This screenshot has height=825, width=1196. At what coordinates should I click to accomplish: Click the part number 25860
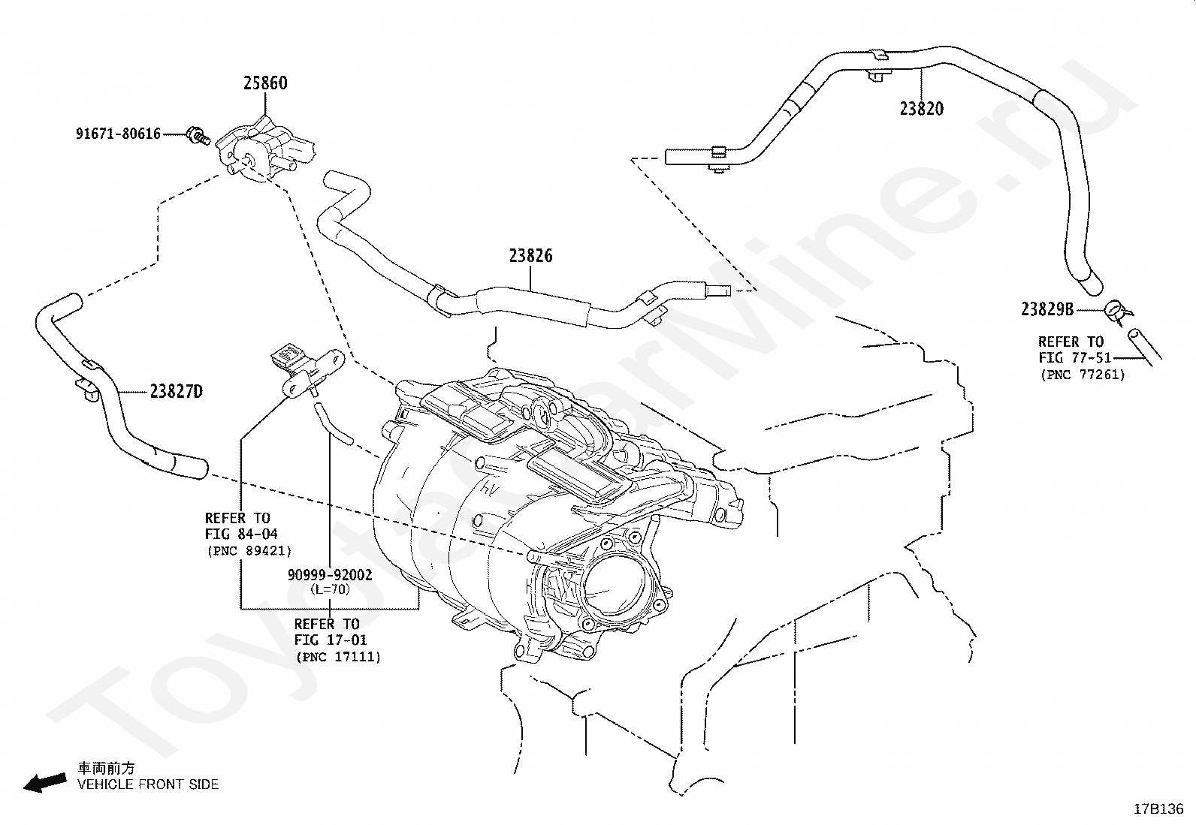pos(265,83)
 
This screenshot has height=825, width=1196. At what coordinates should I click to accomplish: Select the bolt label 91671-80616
pos(118,134)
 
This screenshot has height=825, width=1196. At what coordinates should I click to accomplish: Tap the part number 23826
pos(530,256)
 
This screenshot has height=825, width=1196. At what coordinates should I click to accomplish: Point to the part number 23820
pos(922,109)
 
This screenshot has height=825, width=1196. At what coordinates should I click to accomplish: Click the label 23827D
pos(177,392)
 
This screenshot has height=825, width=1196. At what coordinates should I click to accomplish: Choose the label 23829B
pos(1047,309)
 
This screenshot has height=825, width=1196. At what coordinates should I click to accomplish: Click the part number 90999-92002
pos(330,575)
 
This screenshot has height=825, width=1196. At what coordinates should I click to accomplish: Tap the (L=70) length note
pos(330,589)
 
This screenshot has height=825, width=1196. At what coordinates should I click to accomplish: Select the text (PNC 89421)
pos(249,551)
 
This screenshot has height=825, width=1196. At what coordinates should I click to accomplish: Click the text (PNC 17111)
pos(339,657)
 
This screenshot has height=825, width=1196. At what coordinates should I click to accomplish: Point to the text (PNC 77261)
pos(1083,375)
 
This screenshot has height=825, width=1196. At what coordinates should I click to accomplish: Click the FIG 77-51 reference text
pos(1074,357)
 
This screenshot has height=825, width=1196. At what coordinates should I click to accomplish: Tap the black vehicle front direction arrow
pos(45,783)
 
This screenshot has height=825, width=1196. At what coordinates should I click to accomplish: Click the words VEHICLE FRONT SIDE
pos(148,784)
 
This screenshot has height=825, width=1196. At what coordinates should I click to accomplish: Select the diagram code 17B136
pos(1158,809)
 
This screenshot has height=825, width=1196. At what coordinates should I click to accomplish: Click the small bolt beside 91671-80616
pos(198,135)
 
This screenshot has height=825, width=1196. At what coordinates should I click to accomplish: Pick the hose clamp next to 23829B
pos(1118,312)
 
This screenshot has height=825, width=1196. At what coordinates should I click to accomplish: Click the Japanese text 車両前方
pos(106,769)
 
